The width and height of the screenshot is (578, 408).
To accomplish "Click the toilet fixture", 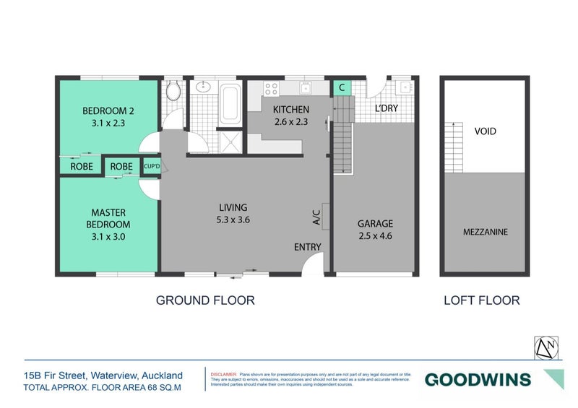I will [172, 91].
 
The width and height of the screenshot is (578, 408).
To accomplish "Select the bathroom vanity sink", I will [203, 88].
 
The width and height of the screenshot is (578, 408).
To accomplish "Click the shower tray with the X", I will [230, 141].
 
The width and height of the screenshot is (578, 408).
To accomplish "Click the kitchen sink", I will [306, 88].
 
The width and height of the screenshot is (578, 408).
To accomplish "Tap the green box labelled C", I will [342, 88].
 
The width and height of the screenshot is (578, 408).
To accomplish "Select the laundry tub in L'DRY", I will [405, 88].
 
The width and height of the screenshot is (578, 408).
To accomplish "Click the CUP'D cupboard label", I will [151, 166].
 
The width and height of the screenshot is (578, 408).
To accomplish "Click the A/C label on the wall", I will [316, 217].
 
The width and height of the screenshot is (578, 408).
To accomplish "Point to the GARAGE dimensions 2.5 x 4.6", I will [376, 236].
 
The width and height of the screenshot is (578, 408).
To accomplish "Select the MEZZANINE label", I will [485, 232].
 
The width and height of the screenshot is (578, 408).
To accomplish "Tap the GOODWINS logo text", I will [477, 379].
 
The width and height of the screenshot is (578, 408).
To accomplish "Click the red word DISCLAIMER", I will [223, 375].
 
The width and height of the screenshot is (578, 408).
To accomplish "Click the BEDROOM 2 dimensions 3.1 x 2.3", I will [108, 123].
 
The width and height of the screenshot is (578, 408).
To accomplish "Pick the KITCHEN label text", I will [291, 110].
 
